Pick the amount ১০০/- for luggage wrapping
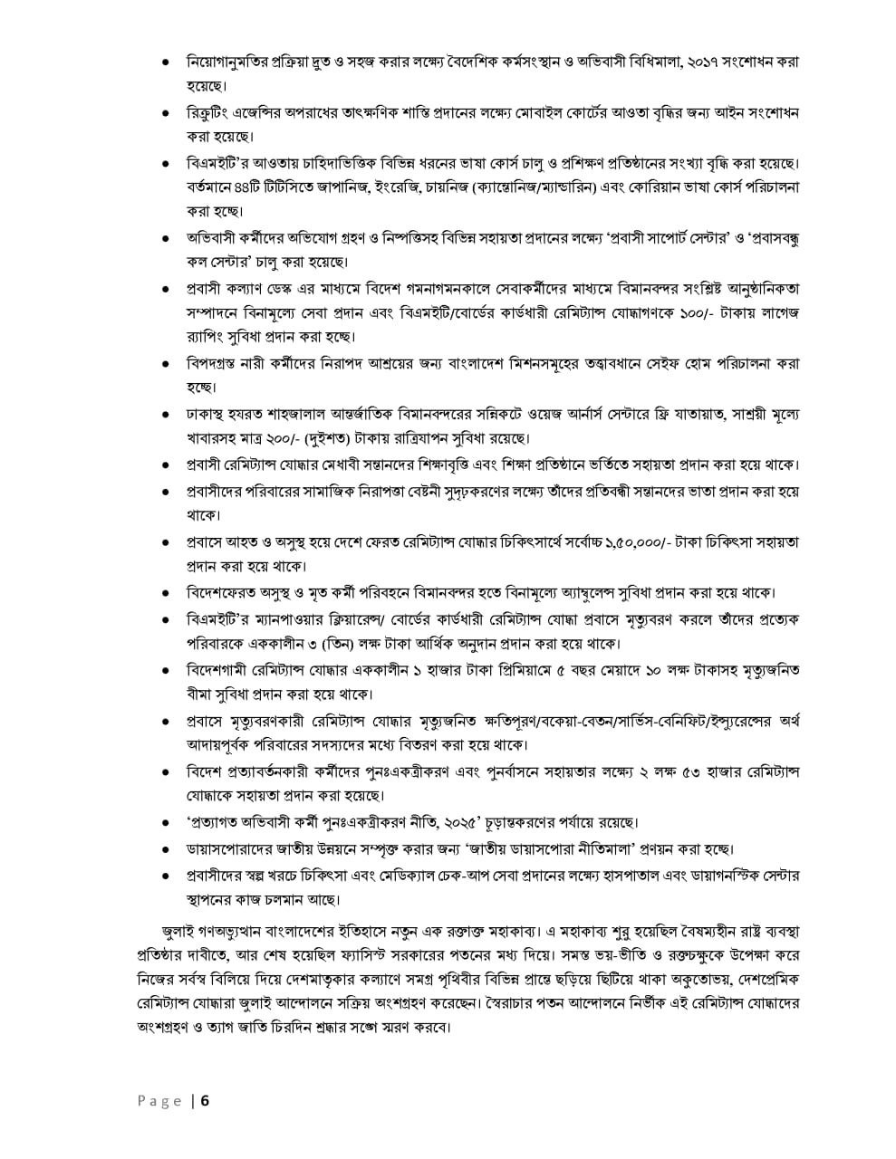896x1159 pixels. coord(679,312)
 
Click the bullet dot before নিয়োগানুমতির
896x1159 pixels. coord(165,62)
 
